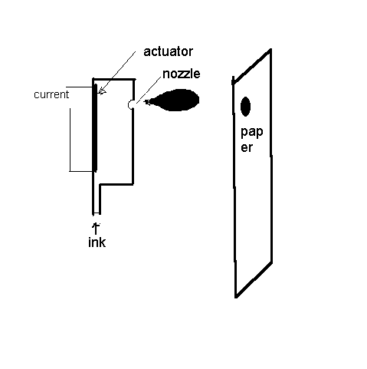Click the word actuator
pos(168,51)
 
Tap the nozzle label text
pos(182,74)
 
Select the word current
pos(51,94)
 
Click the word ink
pos(97,242)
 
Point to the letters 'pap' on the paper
pos(252,132)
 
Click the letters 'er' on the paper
pos(247,148)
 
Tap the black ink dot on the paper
pos(245,107)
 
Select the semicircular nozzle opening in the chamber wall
pos(130,104)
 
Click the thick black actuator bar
pos(95,127)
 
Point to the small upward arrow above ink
pos(96,228)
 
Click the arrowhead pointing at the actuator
pos(102,91)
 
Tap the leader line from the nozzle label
pos(149,89)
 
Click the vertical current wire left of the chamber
pos(70,140)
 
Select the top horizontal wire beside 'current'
pos(80,87)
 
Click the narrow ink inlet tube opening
pos(97,213)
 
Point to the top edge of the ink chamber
pos(113,80)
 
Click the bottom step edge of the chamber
pos(116,184)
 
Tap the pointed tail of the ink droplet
pos(146,102)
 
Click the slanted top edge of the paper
pos(252,66)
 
